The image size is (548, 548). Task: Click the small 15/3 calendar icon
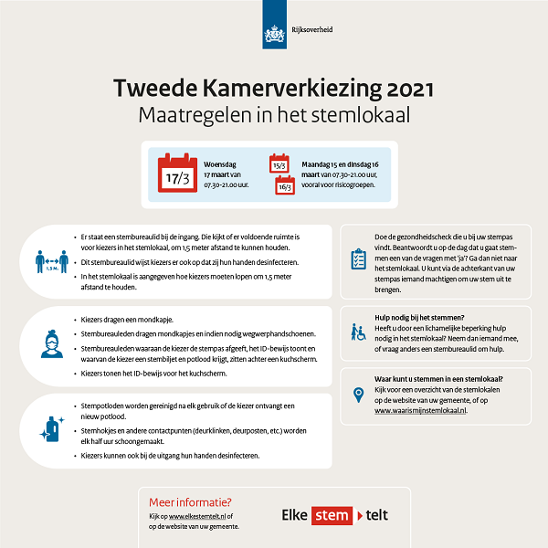point(279,163)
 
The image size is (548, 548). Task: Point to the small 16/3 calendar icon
point(285,185)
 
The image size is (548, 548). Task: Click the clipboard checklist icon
point(358,258)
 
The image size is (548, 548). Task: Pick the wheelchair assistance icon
point(358,331)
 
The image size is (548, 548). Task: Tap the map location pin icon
point(358,395)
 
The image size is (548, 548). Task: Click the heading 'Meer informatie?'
point(190,501)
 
